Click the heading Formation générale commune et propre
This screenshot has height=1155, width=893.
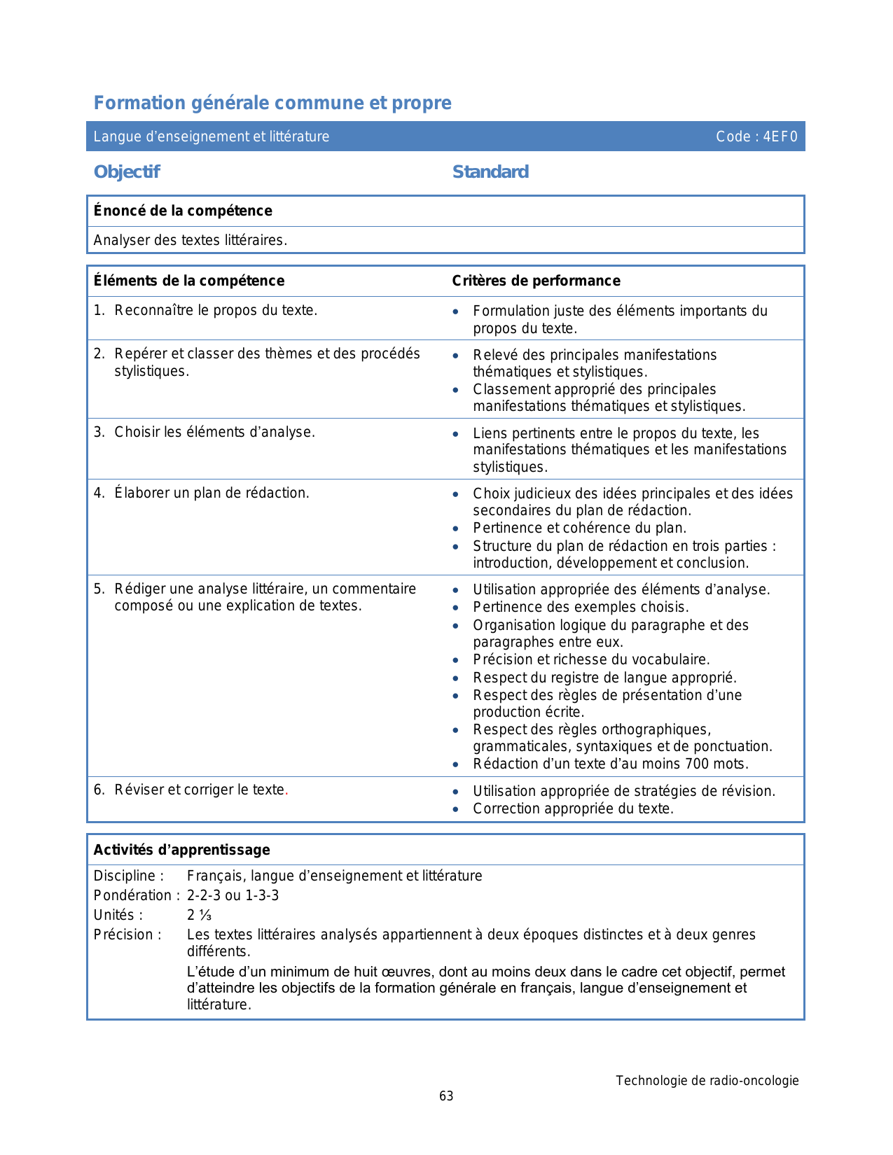click(x=272, y=103)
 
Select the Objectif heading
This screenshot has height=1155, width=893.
click(x=127, y=171)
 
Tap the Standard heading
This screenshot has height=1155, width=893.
click(x=490, y=171)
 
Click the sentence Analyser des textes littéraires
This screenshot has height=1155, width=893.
click(x=191, y=240)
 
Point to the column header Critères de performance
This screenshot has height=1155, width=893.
click(x=536, y=281)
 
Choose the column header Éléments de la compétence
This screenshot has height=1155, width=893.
click(x=189, y=281)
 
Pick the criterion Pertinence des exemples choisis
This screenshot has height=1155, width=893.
click(x=581, y=607)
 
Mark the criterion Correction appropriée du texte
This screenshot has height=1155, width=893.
click(x=573, y=808)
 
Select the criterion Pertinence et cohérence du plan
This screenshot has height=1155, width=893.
click(x=579, y=528)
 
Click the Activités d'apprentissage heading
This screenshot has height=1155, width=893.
click(x=182, y=850)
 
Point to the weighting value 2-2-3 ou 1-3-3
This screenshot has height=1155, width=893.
click(x=233, y=895)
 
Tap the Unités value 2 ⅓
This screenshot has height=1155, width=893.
click(x=199, y=915)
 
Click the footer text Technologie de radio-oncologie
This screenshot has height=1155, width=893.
click(x=707, y=1080)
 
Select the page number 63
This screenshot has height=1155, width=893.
click(x=446, y=1096)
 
